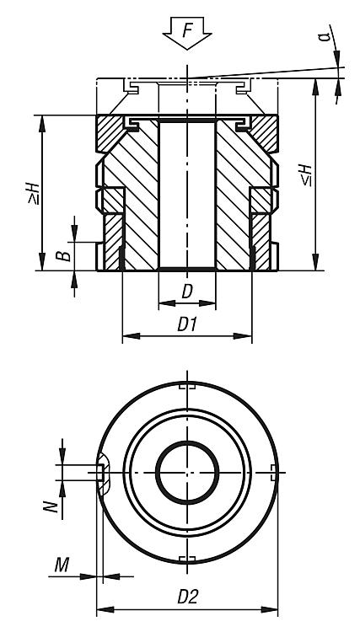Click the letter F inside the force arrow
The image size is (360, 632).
[187, 30]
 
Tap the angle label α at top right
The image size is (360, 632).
[325, 36]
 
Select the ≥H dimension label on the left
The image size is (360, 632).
[33, 193]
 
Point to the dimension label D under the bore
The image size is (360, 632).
[187, 291]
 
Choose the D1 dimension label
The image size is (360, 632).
[187, 324]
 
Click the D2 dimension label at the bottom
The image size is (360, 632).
[188, 597]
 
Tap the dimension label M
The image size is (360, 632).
[62, 565]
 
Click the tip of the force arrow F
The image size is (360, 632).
[187, 50]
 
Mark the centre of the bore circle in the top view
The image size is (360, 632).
[187, 472]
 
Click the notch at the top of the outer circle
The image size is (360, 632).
[187, 387]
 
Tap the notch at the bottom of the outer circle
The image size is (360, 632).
[187, 559]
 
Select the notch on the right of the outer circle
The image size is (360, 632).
[273, 472]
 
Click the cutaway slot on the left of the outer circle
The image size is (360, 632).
[103, 473]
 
